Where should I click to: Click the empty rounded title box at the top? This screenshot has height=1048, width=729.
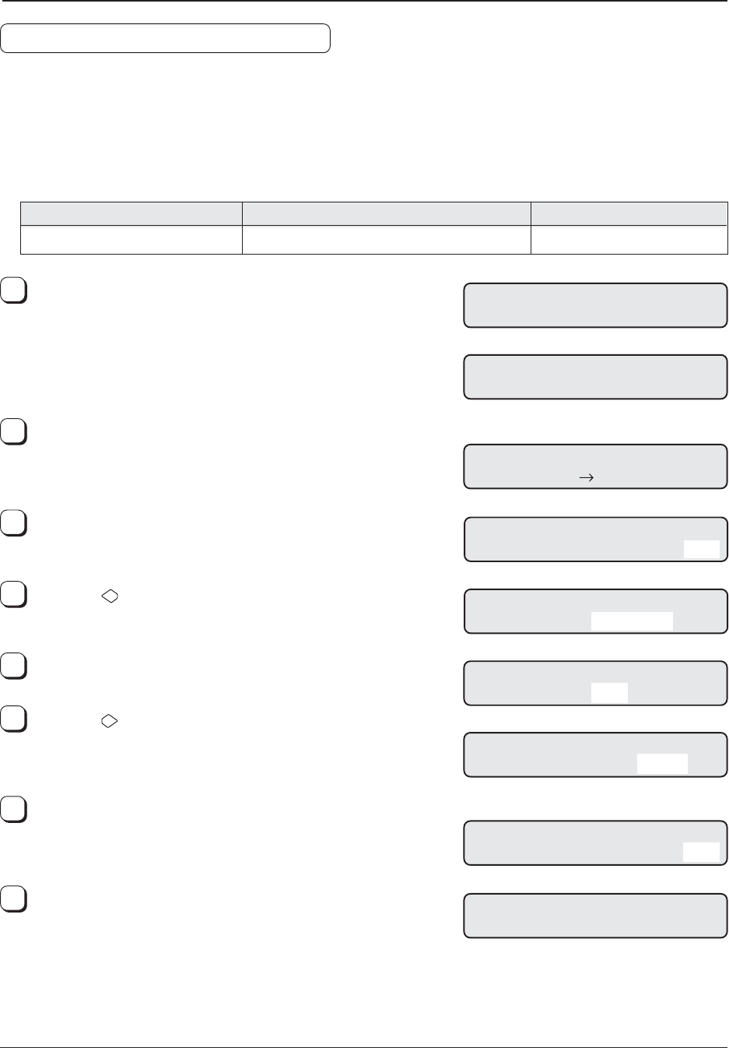(165, 38)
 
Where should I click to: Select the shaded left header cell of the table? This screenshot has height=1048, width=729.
(131, 213)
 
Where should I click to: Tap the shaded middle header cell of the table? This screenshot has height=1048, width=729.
(386, 213)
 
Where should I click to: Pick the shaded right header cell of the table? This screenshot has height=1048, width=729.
(629, 213)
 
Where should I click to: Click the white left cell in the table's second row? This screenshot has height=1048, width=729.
(131, 240)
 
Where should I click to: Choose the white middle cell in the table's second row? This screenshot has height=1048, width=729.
(386, 240)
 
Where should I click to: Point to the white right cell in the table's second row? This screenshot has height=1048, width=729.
(629, 240)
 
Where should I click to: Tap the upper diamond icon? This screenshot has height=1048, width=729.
(110, 596)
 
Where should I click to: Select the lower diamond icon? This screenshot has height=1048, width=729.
(110, 722)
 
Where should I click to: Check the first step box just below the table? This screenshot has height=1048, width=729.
(14, 290)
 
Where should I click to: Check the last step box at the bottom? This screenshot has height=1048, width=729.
(14, 899)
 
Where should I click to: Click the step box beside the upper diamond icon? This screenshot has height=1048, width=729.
(14, 595)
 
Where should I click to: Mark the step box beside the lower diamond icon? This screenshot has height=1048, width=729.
(14, 720)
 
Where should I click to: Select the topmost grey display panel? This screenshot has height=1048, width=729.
(595, 305)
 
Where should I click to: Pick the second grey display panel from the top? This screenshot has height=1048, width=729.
(595, 377)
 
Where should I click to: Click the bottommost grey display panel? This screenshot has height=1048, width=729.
(595, 916)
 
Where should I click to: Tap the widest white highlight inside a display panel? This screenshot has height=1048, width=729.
(632, 621)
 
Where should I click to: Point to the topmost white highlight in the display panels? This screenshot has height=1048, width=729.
(701, 549)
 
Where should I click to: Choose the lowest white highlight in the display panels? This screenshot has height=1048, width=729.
(701, 852)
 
